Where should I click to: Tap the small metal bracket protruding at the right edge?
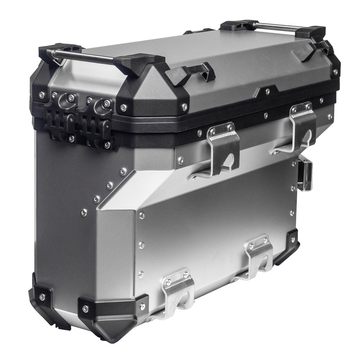(306, 176)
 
